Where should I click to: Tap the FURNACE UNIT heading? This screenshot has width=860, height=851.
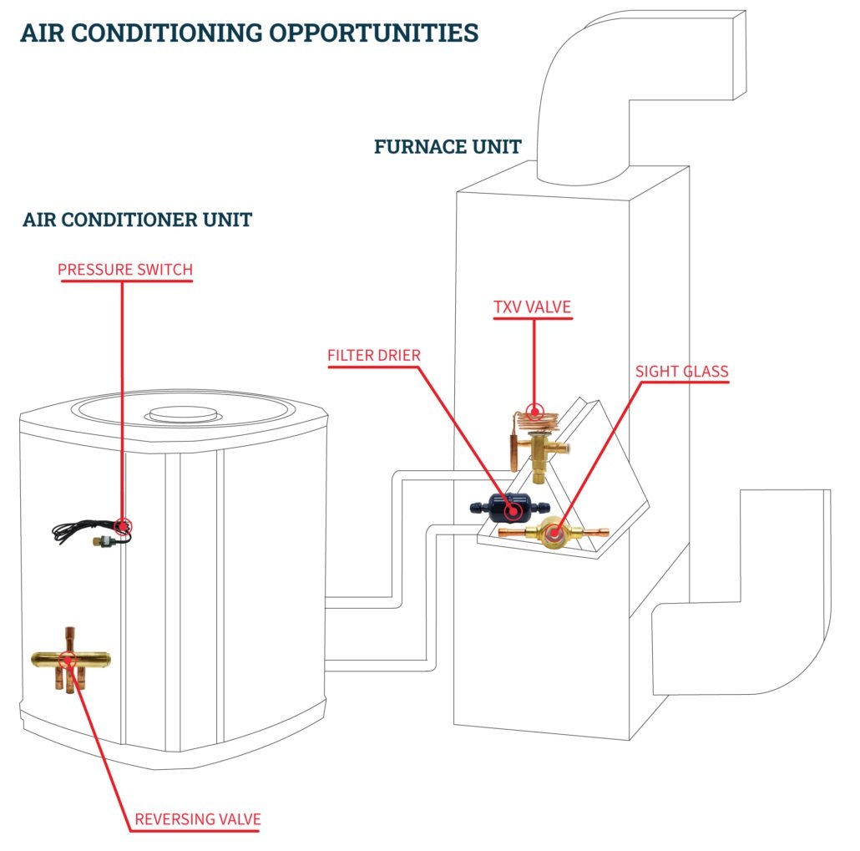448,147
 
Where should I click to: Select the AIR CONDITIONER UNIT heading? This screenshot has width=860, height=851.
138,220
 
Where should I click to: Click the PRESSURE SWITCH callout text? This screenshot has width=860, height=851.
125,270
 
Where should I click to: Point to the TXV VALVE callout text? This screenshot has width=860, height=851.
533,306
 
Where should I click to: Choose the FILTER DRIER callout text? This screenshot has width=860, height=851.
373,355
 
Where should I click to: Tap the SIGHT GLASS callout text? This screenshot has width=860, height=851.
681,371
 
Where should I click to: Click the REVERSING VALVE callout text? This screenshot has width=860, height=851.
198,818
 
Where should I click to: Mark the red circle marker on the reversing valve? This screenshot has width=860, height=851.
68,658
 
